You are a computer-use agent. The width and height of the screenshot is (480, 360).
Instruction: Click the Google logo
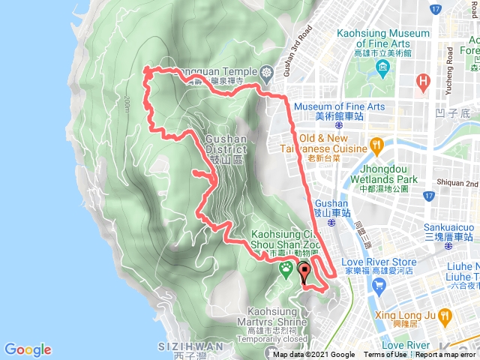[x=28, y=349]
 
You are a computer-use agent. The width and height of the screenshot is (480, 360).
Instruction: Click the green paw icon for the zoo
[x=286, y=268]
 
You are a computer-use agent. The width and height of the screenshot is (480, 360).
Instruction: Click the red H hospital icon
[x=424, y=80]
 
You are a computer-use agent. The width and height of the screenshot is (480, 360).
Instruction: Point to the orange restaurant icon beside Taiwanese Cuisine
[x=376, y=143]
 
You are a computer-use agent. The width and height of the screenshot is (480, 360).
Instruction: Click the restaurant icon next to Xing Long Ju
[x=445, y=316]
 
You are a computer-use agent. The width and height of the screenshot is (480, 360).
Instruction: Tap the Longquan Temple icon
[x=268, y=73]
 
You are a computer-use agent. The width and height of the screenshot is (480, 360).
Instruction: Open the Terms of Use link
[x=385, y=355]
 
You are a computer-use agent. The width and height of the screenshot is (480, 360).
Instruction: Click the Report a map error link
[x=447, y=355]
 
